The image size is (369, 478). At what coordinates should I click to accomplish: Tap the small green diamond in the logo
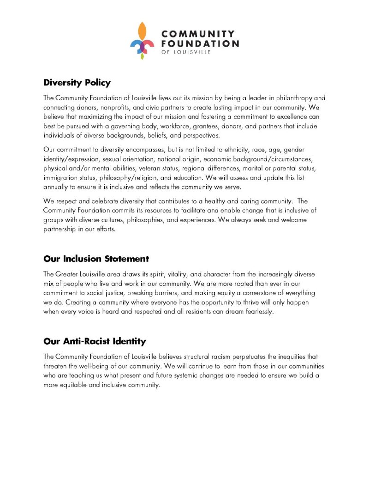coord(143,57)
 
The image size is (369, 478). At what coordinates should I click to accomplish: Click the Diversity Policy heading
coord(77,83)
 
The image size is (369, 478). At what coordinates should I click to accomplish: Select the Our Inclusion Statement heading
coord(96,258)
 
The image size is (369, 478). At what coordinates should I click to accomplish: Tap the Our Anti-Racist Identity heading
coord(95,342)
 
